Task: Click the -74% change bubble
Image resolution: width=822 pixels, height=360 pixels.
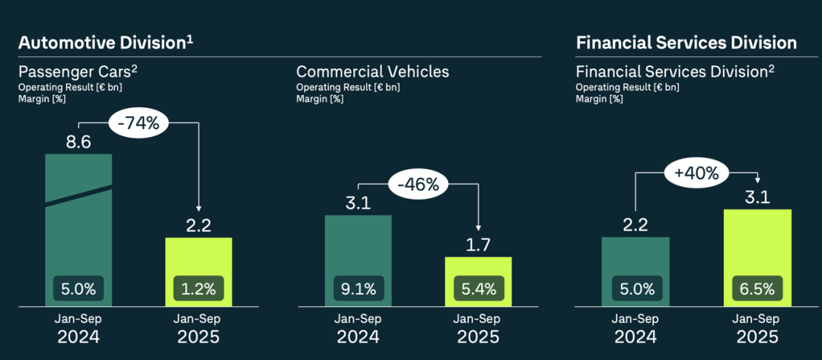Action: [x=139, y=123]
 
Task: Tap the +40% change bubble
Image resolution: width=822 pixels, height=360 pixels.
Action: [x=696, y=174]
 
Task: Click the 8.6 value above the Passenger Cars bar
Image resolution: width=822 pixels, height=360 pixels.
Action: [x=78, y=142]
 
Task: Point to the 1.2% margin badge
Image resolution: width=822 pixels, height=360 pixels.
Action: [x=199, y=288]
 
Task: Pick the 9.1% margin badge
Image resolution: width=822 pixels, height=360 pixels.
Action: [x=358, y=288]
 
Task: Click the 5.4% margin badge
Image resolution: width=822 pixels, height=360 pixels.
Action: [x=479, y=288]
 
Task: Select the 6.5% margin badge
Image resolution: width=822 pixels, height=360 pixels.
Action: [x=757, y=288]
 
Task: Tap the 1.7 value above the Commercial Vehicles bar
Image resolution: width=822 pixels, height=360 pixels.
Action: [x=478, y=245]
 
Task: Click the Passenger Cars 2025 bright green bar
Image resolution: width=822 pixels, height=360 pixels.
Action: [x=199, y=259]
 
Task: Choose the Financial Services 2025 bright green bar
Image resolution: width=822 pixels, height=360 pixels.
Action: [x=757, y=244]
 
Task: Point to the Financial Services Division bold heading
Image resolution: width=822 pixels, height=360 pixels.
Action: [x=687, y=43]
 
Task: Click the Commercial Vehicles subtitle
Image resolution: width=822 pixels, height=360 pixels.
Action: [x=372, y=72]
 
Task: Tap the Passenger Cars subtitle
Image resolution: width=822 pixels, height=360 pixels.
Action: [x=78, y=72]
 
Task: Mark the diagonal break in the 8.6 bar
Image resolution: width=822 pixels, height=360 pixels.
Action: [x=78, y=194]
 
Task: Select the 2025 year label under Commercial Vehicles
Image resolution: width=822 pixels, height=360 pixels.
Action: [x=479, y=337]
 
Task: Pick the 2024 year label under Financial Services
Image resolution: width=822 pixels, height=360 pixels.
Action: [x=636, y=337]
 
